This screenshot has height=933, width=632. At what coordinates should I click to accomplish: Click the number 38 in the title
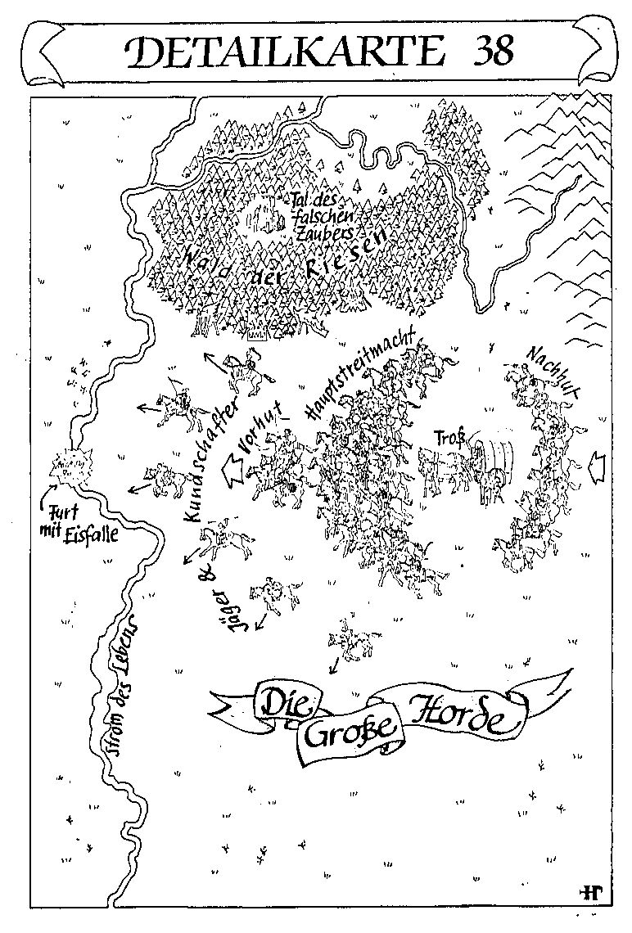(491, 50)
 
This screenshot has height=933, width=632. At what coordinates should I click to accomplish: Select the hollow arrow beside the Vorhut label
(241, 469)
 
